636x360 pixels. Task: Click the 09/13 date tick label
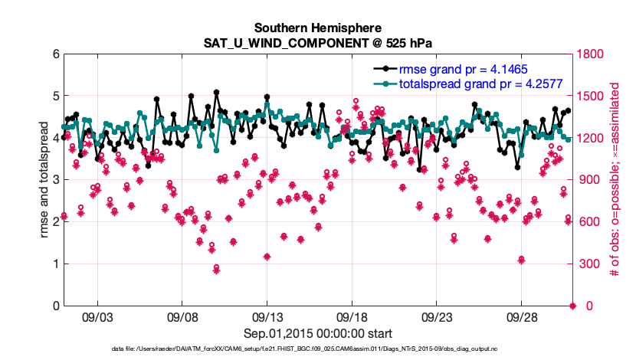[267, 316]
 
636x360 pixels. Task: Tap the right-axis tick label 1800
[591, 54]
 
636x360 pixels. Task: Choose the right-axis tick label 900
[588, 180]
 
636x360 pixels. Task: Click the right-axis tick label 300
[588, 264]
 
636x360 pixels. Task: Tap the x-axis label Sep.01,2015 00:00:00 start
[317, 333]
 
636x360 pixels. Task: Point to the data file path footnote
[317, 350]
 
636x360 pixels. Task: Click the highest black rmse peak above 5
[217, 92]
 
